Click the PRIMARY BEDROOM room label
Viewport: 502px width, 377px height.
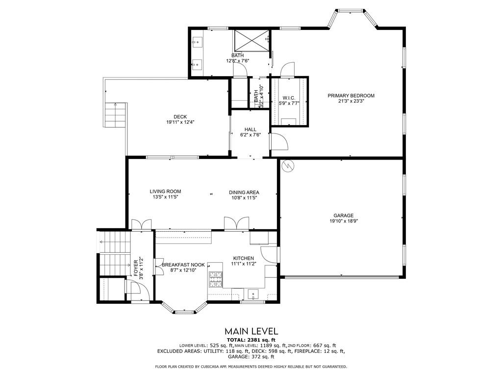351,96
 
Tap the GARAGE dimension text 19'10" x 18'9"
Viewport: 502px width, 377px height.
343,221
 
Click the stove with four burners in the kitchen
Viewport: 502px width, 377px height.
215,279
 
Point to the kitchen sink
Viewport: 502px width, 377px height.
253,294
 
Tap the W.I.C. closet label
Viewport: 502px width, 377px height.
289,98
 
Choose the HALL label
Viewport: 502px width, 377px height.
250,130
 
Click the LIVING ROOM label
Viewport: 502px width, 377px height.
165,191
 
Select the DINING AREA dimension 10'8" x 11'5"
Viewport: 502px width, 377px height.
244,198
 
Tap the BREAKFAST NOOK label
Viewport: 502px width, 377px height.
183,265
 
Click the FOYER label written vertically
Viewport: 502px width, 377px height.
136,268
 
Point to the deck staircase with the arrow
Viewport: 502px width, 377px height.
116,115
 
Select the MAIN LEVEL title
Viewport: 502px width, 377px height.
251,331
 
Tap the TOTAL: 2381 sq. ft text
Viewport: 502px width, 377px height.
251,340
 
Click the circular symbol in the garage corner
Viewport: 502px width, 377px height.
287,167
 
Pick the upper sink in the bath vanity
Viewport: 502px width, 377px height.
198,43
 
